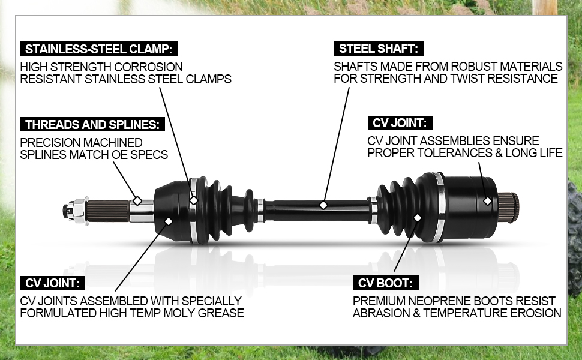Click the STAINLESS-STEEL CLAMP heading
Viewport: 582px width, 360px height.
tap(99, 49)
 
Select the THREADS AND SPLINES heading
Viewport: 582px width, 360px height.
tap(92, 124)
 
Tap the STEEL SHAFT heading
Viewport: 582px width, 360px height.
tap(379, 49)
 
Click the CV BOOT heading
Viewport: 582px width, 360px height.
tap(385, 283)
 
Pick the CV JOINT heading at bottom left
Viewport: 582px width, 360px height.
tap(52, 283)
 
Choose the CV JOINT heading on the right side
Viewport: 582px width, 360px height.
tap(400, 123)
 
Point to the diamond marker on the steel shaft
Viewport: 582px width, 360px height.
tap(323, 205)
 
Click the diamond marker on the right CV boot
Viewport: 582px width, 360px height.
tap(418, 217)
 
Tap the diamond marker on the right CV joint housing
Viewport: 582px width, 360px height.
tap(488, 201)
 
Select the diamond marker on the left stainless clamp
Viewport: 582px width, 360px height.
tap(194, 200)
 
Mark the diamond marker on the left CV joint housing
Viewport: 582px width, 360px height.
tap(169, 221)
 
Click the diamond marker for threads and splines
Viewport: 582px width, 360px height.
tap(137, 200)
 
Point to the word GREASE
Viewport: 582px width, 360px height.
tap(221, 313)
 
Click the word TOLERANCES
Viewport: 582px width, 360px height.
tap(454, 153)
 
